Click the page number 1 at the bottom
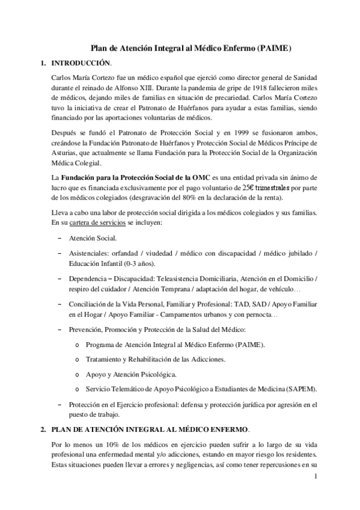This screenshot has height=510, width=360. (316, 478)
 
